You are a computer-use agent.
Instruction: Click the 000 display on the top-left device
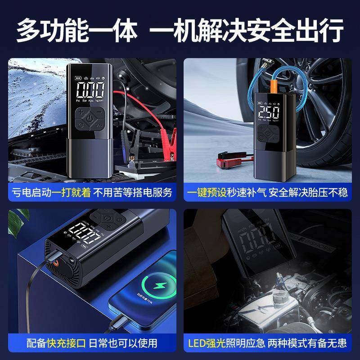(90, 90)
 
